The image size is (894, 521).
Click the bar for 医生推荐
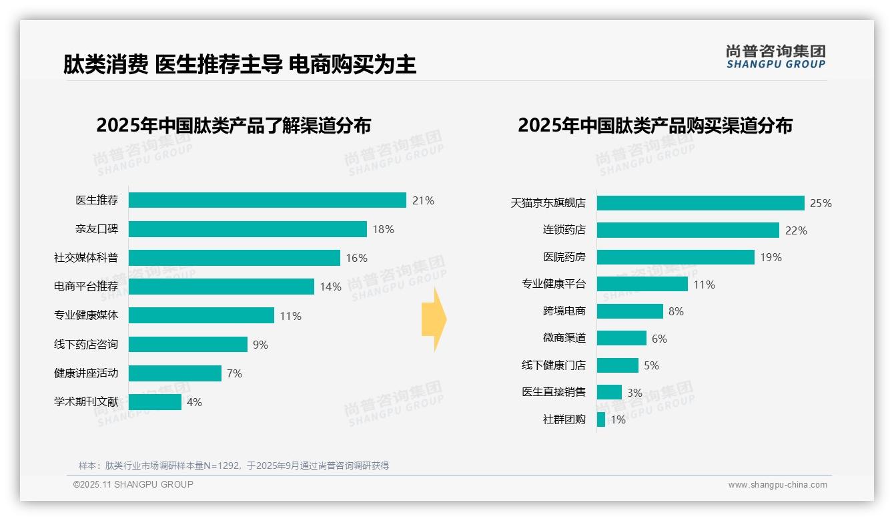pyautogui.click(x=267, y=200)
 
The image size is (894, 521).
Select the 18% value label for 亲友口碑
pyautogui.click(x=383, y=229)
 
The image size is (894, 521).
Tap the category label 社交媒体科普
pyautogui.click(x=86, y=258)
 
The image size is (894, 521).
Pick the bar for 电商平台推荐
pyautogui.click(x=221, y=287)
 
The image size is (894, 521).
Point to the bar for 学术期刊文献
pyautogui.click(x=155, y=402)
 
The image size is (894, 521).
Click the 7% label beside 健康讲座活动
pyautogui.click(x=234, y=373)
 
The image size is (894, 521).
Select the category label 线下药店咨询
pyautogui.click(x=86, y=344)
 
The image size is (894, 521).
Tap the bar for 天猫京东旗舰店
pyautogui.click(x=701, y=203)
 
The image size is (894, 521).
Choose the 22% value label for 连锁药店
pyautogui.click(x=796, y=230)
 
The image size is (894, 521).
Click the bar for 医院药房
pyautogui.click(x=675, y=257)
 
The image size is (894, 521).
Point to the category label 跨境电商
pyautogui.click(x=564, y=311)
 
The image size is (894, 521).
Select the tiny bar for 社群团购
pyautogui.click(x=601, y=419)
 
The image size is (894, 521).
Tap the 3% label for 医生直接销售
pyautogui.click(x=634, y=393)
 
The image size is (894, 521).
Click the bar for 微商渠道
pyautogui.click(x=621, y=338)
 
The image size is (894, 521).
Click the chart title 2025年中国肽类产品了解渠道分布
pyautogui.click(x=234, y=126)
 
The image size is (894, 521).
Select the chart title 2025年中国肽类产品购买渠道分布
pyautogui.click(x=654, y=126)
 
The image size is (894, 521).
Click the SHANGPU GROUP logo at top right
pyautogui.click(x=775, y=57)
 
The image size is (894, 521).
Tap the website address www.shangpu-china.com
pyautogui.click(x=777, y=485)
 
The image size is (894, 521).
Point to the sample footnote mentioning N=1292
pyautogui.click(x=234, y=466)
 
